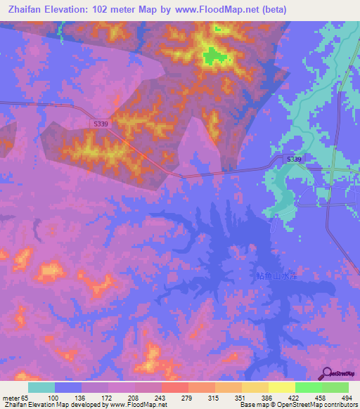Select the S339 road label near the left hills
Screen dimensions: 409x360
point(101,124)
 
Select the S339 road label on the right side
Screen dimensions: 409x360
point(294,160)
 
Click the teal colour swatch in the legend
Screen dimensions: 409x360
point(41,387)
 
